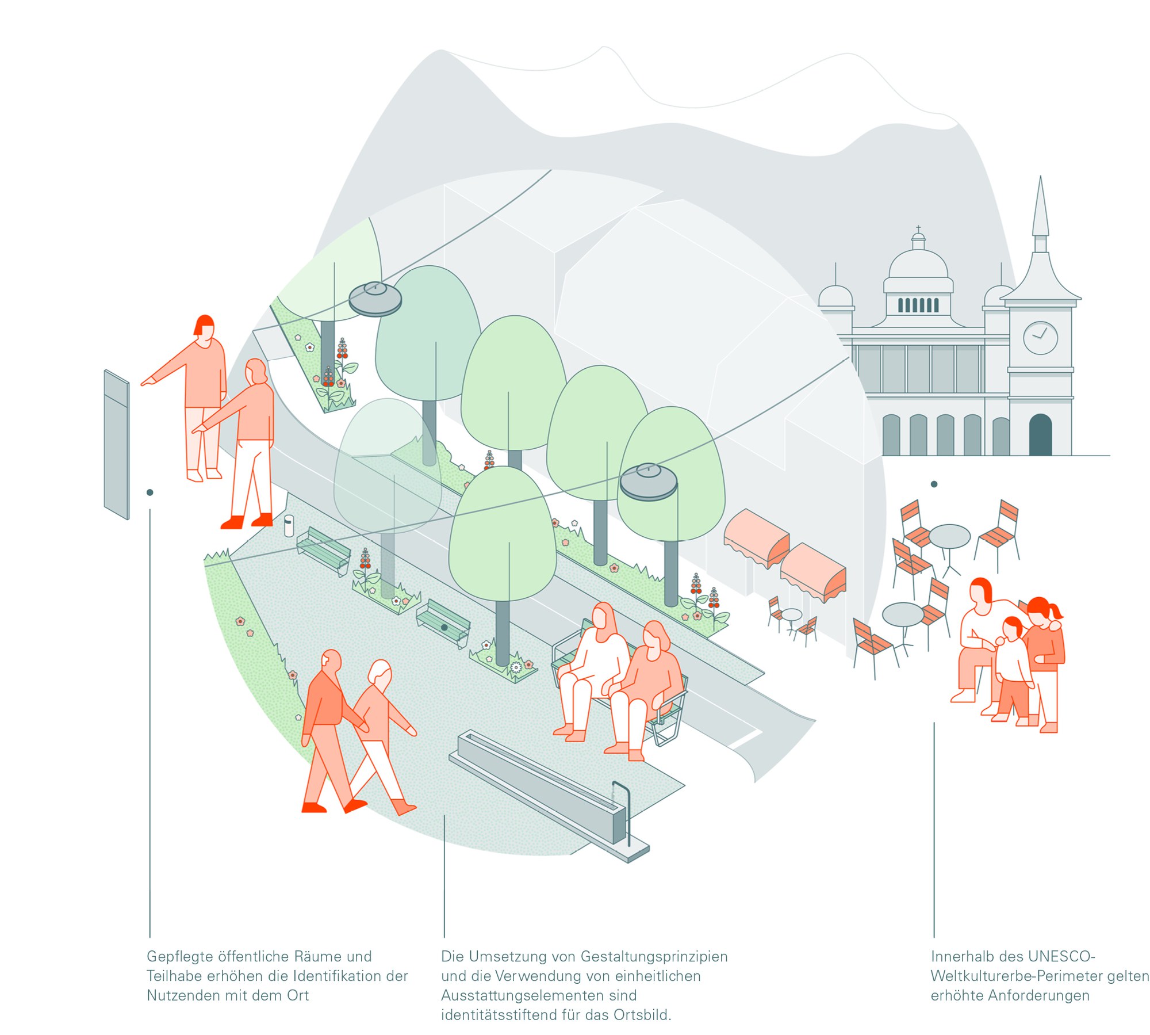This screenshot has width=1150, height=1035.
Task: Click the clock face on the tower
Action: [1040, 338]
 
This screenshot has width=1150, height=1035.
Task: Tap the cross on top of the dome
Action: [918, 229]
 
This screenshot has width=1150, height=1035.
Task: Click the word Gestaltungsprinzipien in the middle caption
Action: [654, 956]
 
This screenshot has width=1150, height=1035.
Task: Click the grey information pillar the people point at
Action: [116, 444]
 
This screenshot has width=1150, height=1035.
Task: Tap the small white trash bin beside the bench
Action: [289, 525]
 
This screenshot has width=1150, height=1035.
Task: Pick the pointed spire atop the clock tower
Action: [1040, 207]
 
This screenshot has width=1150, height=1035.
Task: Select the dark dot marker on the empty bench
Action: [444, 627]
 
